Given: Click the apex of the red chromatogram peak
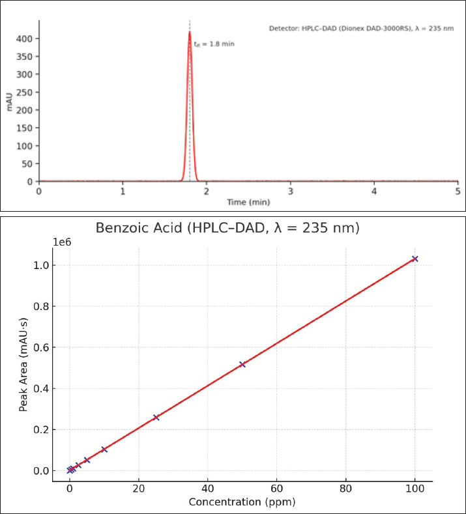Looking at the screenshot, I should coord(190,31).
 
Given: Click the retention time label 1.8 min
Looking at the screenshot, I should coord(214,44).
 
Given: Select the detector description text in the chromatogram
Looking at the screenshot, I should coord(361,29).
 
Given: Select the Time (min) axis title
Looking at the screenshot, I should coord(248,202).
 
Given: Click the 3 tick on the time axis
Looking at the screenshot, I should coord(290,191).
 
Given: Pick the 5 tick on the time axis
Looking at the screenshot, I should coord(458,191).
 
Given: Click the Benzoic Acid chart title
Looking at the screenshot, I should coord(227,228).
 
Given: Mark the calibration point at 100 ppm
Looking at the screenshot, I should coord(415,259).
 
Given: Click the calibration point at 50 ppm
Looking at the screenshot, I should coord(242,364).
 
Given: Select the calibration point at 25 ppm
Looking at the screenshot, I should coord(156,418).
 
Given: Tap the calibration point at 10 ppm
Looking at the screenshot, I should coord(104,450).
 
